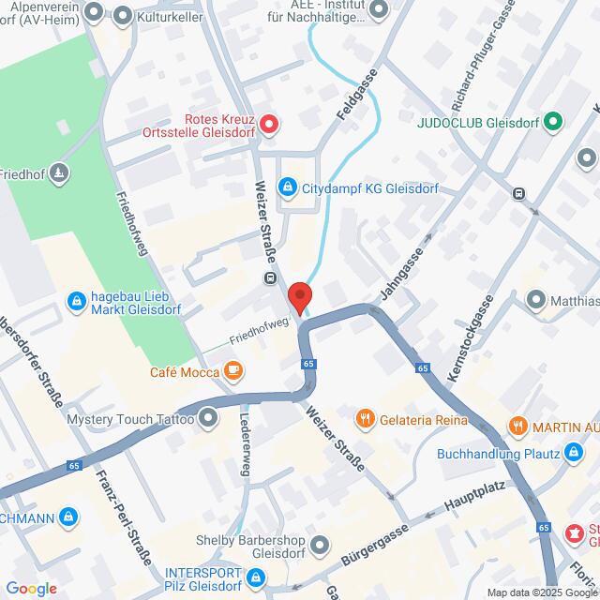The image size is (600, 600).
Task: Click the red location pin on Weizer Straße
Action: click(x=300, y=296)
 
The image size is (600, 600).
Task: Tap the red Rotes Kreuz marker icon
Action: click(x=268, y=123)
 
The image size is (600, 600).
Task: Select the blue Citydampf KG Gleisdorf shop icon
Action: click(x=289, y=187)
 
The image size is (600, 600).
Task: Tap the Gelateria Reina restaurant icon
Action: click(x=366, y=419)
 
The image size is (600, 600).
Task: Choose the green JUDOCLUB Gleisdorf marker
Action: click(x=553, y=121)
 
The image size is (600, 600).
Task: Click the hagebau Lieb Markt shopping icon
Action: click(x=76, y=301)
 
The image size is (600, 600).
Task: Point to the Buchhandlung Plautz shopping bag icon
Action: click(x=575, y=455)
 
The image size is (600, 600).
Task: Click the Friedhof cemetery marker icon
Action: click(x=59, y=172)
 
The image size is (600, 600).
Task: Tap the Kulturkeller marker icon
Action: click(x=123, y=15)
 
